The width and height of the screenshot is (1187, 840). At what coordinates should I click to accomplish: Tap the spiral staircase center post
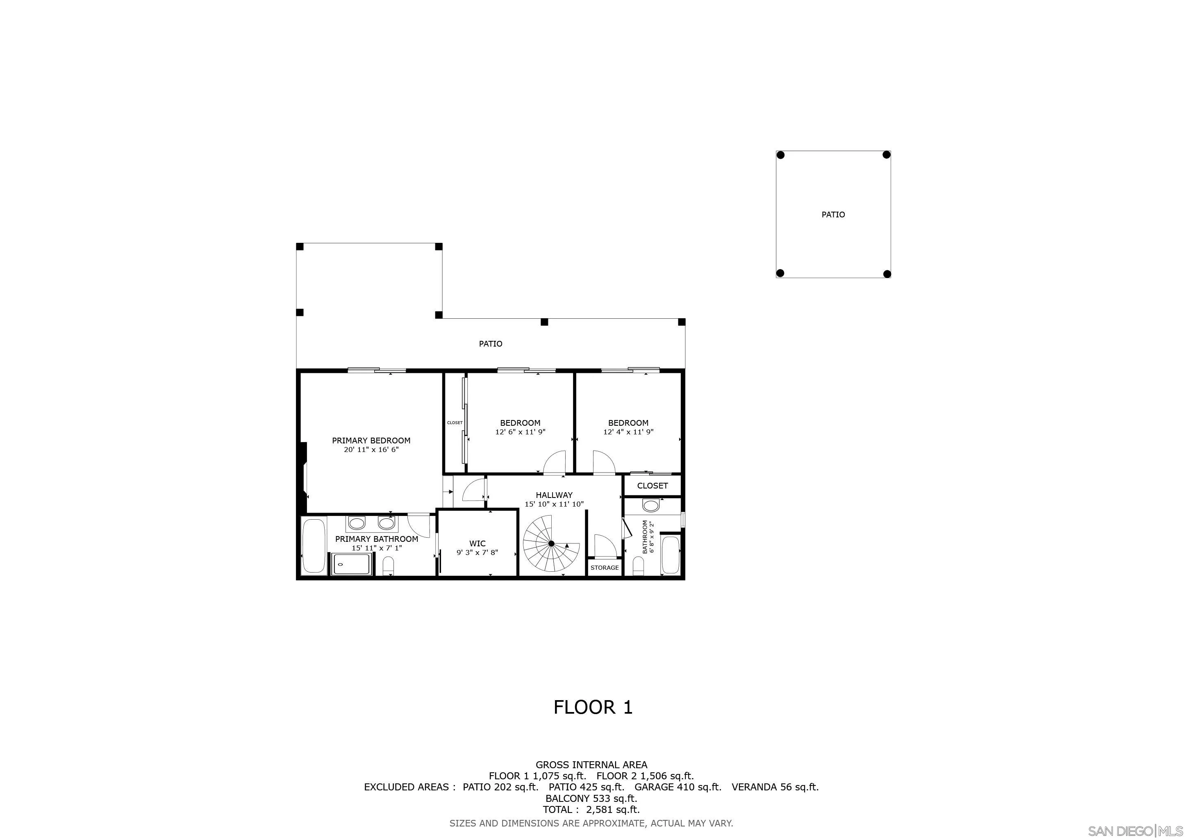(551, 543)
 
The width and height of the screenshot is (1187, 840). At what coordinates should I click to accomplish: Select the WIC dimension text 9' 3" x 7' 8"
(477, 552)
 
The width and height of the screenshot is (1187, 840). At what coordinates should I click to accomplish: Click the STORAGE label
(604, 567)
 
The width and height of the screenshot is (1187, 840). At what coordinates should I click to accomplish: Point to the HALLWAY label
(554, 495)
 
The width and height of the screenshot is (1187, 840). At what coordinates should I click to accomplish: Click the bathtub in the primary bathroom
(313, 546)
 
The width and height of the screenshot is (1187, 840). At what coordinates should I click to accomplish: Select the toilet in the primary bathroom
(388, 566)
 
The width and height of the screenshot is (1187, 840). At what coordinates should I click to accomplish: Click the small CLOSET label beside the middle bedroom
(455, 422)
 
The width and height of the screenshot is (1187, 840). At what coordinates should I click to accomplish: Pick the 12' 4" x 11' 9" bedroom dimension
(628, 432)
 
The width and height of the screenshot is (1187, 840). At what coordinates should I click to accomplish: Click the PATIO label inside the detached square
(833, 215)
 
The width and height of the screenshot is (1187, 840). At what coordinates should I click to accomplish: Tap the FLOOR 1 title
(593, 708)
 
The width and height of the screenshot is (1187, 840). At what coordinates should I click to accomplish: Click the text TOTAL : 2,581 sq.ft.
(591, 810)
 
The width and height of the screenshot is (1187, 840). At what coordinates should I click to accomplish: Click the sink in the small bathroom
(651, 505)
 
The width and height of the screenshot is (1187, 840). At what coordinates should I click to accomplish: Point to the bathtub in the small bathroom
(670, 555)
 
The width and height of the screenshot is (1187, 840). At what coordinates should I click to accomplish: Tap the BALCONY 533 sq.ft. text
(591, 798)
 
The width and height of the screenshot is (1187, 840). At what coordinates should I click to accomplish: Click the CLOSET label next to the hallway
(652, 486)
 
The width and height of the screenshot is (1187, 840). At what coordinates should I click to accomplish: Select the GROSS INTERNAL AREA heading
(591, 765)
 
